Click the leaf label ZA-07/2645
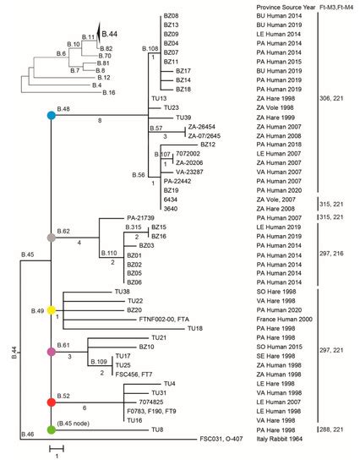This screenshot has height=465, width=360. coord(193,135)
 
